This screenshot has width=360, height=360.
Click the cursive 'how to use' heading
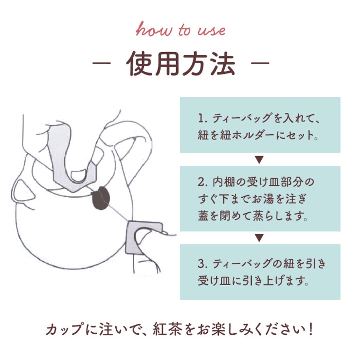click(x=180, y=29)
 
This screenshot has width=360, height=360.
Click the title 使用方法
click(x=180, y=63)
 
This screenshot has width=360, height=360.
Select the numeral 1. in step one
click(x=202, y=118)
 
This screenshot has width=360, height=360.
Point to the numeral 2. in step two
click(x=203, y=182)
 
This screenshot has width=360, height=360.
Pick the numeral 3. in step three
click(x=203, y=264)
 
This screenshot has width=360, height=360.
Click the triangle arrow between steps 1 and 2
click(x=259, y=160)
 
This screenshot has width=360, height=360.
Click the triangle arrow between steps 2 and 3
click(x=259, y=238)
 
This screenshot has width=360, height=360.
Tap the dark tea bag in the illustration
click(x=101, y=198)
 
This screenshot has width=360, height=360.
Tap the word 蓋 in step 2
click(x=203, y=216)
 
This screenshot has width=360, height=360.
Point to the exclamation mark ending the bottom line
click(x=311, y=329)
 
